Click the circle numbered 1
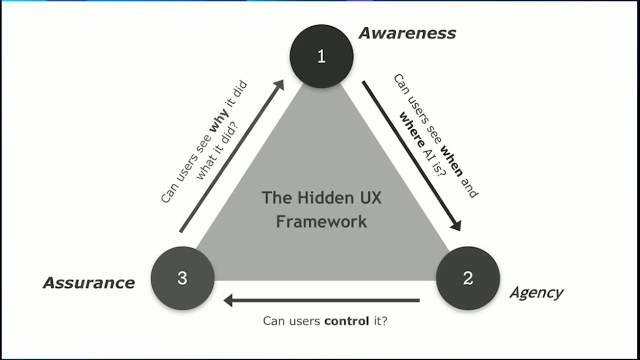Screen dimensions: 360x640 point(321,56)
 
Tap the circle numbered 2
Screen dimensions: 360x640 point(468,278)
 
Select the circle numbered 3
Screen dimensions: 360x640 point(182,278)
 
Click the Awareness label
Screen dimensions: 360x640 point(407,33)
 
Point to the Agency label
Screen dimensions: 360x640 point(536,292)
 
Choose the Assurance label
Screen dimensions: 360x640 point(89,283)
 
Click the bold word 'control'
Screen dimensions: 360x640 point(346,321)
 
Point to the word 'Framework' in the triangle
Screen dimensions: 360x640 point(321,221)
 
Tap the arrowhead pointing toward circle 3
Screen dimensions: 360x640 point(229,300)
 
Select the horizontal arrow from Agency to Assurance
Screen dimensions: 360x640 point(322,300)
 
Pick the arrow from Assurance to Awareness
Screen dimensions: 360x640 point(230,157)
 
